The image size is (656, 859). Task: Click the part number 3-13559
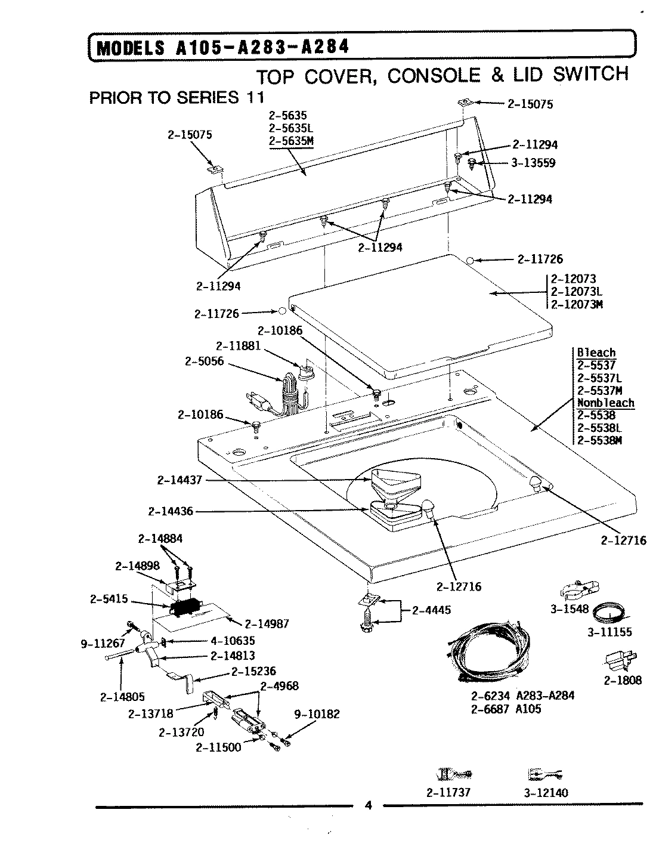click(x=533, y=162)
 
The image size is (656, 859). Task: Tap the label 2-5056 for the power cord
click(x=204, y=361)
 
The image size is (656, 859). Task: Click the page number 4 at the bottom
click(x=368, y=806)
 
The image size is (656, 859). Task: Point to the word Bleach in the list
click(x=596, y=353)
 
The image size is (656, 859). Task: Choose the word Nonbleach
click(x=605, y=403)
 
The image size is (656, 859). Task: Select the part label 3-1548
click(x=570, y=609)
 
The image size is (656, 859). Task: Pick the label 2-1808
click(x=622, y=680)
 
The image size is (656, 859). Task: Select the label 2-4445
click(x=431, y=610)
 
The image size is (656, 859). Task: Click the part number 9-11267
click(x=103, y=643)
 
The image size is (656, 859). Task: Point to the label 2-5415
click(x=109, y=599)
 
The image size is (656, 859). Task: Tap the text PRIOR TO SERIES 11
click(x=176, y=97)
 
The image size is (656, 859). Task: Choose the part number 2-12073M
click(x=577, y=305)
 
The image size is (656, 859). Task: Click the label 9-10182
click(x=316, y=714)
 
